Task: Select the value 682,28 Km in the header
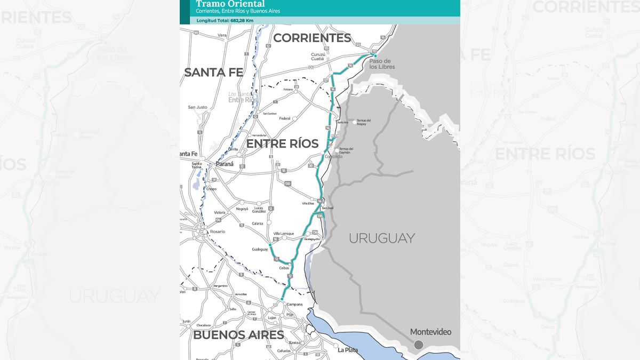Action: tap(242, 20)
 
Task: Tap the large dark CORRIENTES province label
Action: tap(312, 38)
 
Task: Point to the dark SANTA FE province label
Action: tap(213, 73)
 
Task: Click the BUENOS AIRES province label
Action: tap(238, 335)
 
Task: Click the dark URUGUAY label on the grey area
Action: tap(381, 238)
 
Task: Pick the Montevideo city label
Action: tap(430, 332)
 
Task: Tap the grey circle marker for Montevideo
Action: tap(419, 345)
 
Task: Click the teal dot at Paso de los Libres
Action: tap(375, 55)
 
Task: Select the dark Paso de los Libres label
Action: tap(380, 65)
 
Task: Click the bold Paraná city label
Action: tap(225, 164)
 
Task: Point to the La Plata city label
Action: tap(347, 350)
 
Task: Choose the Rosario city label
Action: tap(217, 231)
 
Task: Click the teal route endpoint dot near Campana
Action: tap(283, 299)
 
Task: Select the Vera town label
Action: tap(222, 35)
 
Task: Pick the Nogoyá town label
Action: tap(242, 209)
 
